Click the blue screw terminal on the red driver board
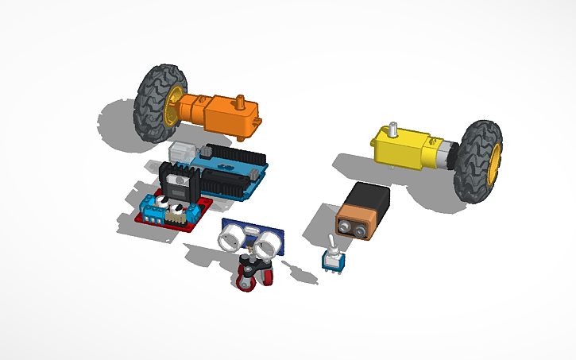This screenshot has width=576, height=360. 156,211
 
